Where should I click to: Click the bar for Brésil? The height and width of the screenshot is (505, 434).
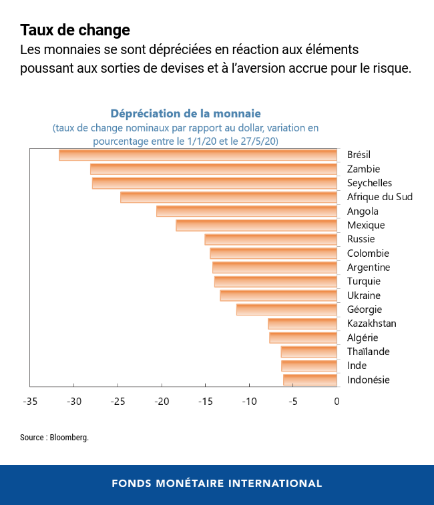pyautogui.click(x=198, y=155)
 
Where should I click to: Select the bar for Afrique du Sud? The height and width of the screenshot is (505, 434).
pyautogui.click(x=228, y=197)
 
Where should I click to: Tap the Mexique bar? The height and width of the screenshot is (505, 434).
pyautogui.click(x=256, y=225)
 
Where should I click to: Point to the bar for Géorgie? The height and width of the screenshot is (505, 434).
pyautogui.click(x=286, y=310)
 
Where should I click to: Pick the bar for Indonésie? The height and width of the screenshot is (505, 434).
pyautogui.click(x=310, y=380)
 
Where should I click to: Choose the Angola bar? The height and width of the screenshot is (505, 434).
pyautogui.click(x=246, y=211)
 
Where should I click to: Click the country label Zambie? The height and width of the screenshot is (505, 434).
pyautogui.click(x=363, y=169)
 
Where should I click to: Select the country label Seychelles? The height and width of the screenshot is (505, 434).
pyautogui.click(x=369, y=183)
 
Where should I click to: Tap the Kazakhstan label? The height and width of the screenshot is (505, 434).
pyautogui.click(x=371, y=324)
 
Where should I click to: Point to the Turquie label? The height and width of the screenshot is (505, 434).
pyautogui.click(x=363, y=282)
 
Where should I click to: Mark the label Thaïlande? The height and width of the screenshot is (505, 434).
pyautogui.click(x=368, y=352)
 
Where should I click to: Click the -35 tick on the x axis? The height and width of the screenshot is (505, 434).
pyautogui.click(x=29, y=402)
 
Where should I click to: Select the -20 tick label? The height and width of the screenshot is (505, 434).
pyautogui.click(x=161, y=402)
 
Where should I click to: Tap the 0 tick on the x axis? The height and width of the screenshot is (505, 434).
pyautogui.click(x=337, y=402)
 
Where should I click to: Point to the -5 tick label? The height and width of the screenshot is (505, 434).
pyautogui.click(x=292, y=402)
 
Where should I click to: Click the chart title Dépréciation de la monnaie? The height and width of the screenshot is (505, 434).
pyautogui.click(x=185, y=113)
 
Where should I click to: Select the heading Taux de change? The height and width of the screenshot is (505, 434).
pyautogui.click(x=75, y=30)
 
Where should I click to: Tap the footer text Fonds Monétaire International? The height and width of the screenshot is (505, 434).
pyautogui.click(x=216, y=484)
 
